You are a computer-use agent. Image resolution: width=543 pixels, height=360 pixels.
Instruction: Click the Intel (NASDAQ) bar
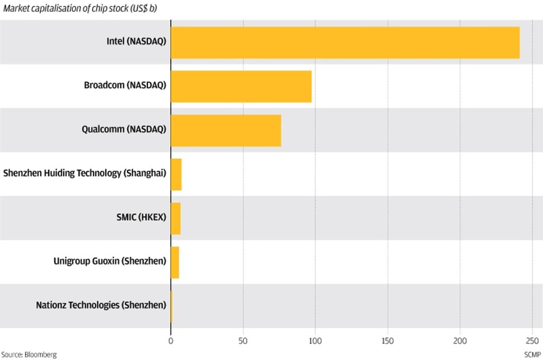coord(345,42)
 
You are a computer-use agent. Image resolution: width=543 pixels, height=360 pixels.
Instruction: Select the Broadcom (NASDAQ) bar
coord(241,86)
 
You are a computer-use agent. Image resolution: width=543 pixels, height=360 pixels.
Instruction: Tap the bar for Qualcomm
coord(225,130)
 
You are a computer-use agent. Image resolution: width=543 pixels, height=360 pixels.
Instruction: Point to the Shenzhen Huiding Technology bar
coord(176,174)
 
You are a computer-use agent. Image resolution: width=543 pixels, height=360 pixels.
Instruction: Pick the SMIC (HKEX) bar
coord(176,218)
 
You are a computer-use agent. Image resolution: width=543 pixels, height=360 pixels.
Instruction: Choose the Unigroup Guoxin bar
coord(175,262)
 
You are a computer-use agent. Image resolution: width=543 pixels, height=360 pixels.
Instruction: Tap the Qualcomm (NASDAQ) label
coord(124,129)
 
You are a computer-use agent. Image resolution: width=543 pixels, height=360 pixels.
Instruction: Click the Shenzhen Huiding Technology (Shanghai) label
coord(85,173)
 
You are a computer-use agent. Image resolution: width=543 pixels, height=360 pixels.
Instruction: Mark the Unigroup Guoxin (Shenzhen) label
coord(110,261)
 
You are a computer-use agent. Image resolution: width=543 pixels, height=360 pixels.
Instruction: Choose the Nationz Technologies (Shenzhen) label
coord(101,305)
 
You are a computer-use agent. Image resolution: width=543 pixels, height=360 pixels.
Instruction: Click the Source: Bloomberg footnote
coord(29,355)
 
